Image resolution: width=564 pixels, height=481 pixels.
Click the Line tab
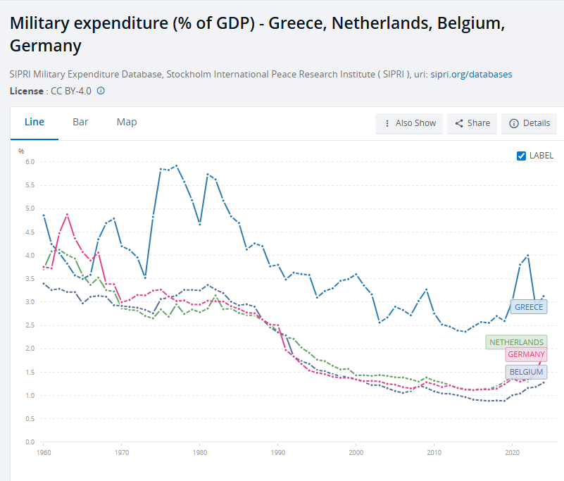point(35,122)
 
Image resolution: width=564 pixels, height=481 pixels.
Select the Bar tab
point(80,122)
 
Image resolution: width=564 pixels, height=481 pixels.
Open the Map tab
point(127,122)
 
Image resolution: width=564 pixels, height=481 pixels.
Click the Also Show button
point(409,123)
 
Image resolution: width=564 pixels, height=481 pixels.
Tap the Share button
point(472,123)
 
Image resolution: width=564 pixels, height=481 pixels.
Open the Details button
point(529,123)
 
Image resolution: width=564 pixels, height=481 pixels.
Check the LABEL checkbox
point(521,156)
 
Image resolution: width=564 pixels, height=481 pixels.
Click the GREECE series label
point(529,307)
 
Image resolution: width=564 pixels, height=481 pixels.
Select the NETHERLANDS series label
point(516,342)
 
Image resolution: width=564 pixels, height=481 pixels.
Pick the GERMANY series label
point(525,354)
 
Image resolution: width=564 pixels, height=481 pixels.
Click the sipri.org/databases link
point(471,74)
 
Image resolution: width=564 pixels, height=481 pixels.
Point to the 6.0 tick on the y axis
point(30,161)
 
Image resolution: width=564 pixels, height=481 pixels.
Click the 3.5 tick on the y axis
point(30,278)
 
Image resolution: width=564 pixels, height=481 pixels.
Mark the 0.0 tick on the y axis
point(30,442)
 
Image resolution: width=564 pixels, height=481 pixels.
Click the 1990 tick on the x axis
point(277,453)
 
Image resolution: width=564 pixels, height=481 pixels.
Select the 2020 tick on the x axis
point(512,453)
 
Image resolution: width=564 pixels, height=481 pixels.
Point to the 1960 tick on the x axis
point(43,453)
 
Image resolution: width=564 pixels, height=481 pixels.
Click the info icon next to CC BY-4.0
point(101,91)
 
